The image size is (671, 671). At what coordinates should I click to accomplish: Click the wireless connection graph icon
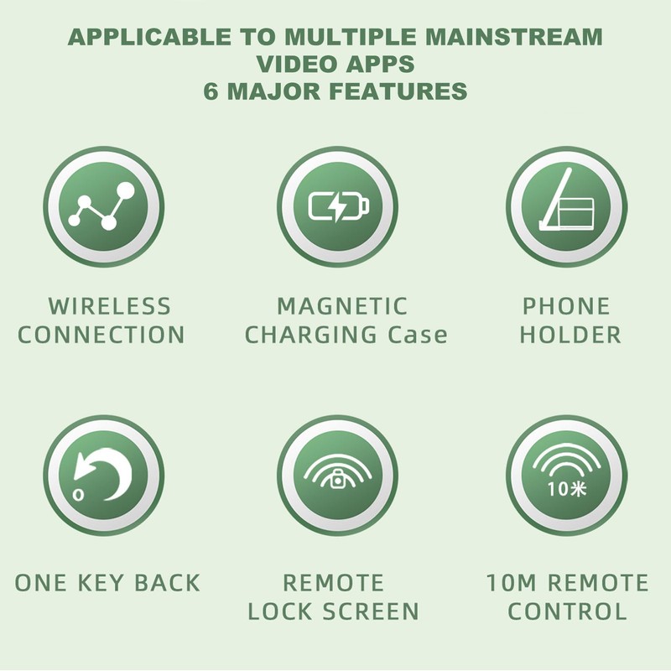103,206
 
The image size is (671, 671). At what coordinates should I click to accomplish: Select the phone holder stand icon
567,206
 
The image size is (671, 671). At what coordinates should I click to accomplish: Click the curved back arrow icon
103,475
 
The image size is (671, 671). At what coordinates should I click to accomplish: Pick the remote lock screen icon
335,475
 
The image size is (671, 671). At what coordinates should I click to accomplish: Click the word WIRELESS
109,306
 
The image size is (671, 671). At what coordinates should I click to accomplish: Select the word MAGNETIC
342,306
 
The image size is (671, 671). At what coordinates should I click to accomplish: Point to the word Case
418,335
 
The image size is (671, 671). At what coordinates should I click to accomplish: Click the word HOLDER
571,335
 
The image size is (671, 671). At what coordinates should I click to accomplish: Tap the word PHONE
567,306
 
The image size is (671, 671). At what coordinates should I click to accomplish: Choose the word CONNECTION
101,335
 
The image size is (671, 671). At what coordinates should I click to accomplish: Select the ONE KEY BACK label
108,583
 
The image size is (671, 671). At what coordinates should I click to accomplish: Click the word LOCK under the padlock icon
281,611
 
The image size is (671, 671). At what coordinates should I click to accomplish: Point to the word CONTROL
567,611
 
